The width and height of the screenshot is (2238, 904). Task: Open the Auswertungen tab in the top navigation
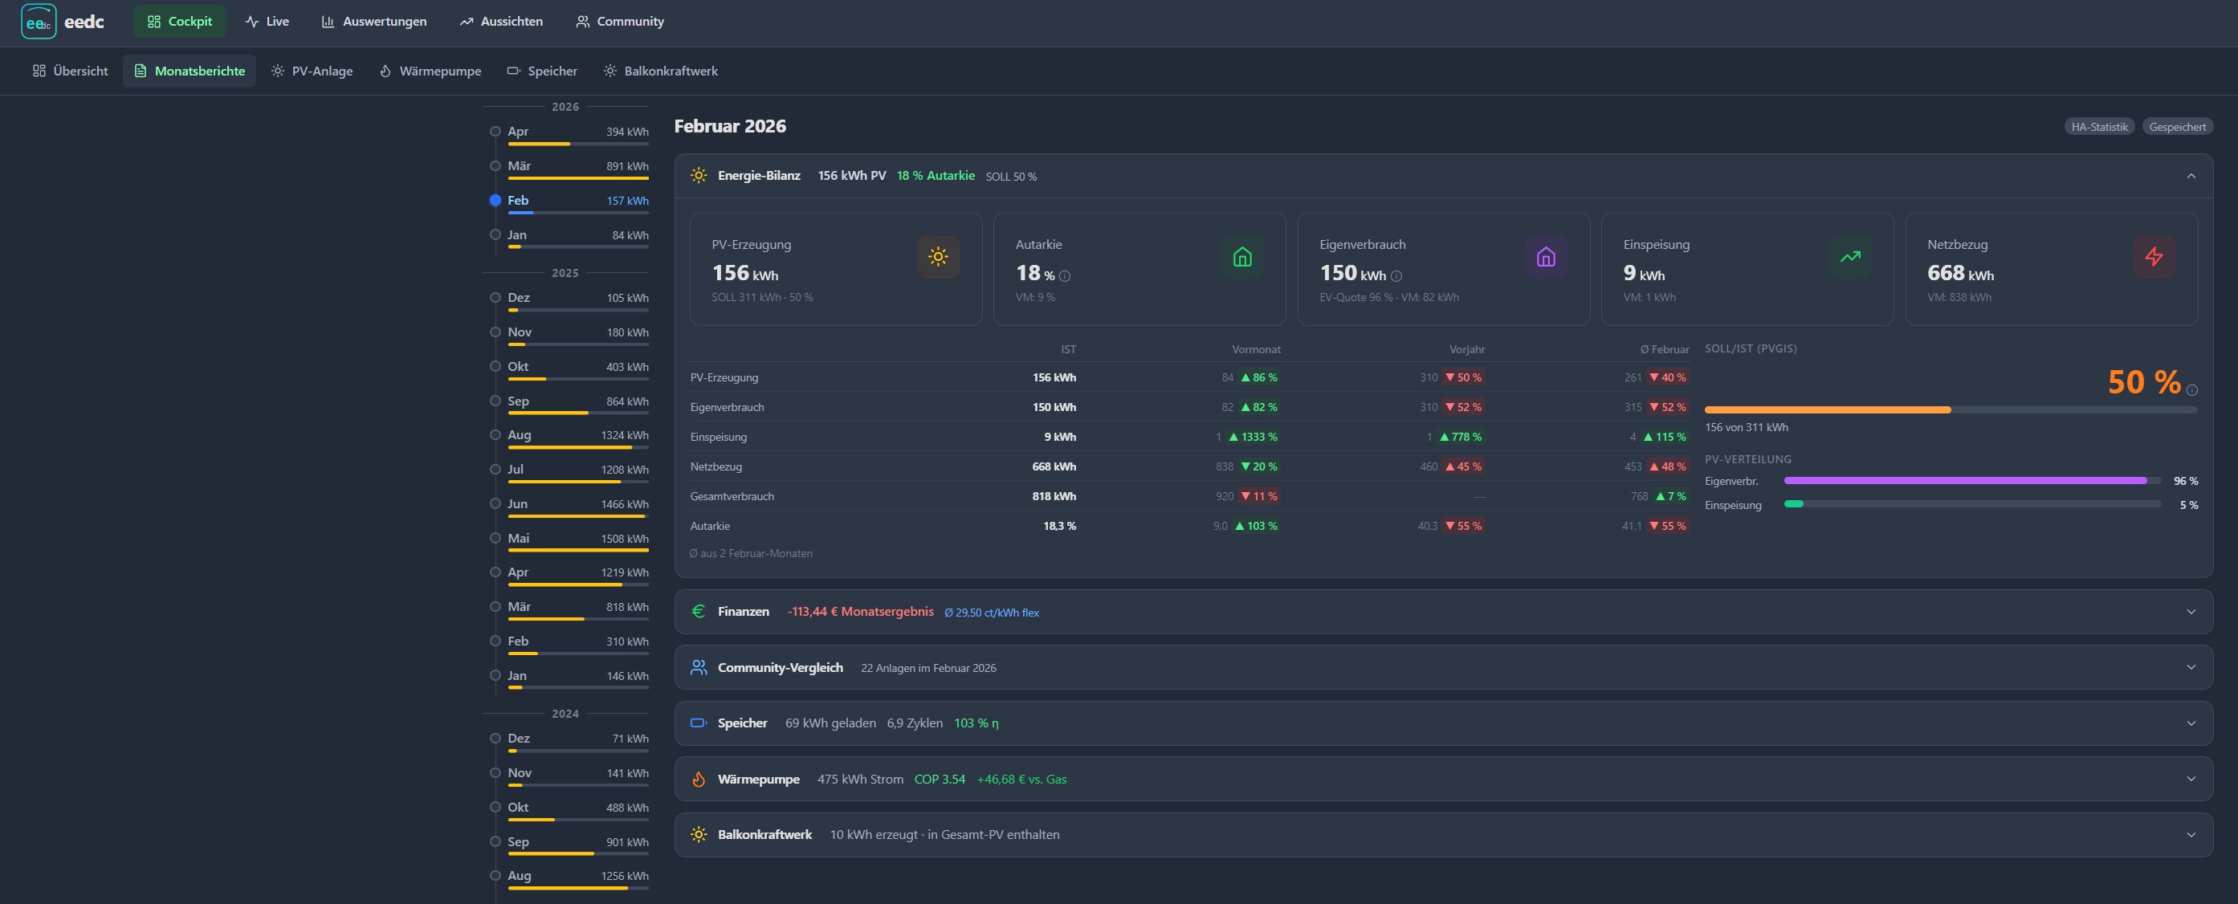coord(373,22)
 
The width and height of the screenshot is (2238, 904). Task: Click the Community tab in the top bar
coord(619,22)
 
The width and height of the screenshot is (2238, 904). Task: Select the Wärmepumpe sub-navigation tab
coord(430,71)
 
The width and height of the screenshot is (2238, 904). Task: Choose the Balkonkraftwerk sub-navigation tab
coord(661,71)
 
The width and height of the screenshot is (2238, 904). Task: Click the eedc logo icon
coord(39,22)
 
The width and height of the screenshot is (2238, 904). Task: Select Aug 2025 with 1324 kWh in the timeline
coord(577,435)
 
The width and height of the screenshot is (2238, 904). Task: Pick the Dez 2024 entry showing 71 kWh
coord(577,739)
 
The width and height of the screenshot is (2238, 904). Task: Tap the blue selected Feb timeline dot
coord(495,201)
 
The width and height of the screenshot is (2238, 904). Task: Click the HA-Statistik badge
coord(2099,127)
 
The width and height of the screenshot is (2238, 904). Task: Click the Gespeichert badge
coord(2177,127)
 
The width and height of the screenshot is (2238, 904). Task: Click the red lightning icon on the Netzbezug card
coord(2154,257)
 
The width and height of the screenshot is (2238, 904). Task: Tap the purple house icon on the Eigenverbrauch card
coord(1546,257)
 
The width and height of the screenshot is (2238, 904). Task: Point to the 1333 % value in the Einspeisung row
coord(1259,437)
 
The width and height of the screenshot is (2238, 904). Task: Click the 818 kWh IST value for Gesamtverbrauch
coord(1054,497)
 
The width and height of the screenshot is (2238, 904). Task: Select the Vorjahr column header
coord(1466,349)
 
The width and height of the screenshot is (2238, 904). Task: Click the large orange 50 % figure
coord(2143,382)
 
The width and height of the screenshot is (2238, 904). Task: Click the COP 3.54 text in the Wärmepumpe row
coord(940,780)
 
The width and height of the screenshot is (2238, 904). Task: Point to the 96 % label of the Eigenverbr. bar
coord(2186,481)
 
